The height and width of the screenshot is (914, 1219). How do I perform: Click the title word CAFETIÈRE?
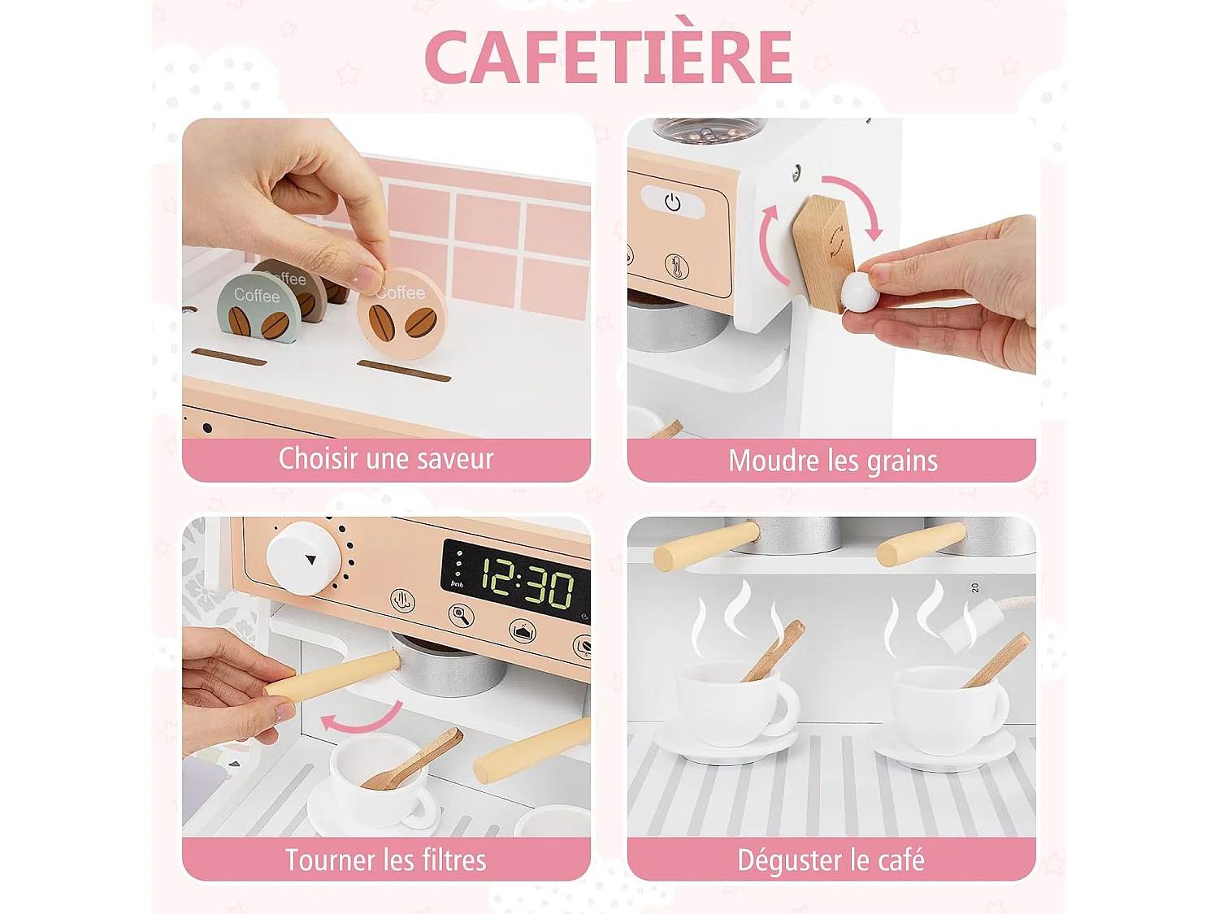point(608,57)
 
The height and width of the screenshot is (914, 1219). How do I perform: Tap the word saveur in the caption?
point(454,459)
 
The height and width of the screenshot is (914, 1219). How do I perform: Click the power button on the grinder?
point(672,202)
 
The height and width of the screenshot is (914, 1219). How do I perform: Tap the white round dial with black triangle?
point(303,558)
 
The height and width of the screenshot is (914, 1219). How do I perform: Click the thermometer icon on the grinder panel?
point(676,266)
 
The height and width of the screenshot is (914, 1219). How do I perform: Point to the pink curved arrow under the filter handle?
point(362,717)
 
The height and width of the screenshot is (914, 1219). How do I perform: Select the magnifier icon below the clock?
point(461,615)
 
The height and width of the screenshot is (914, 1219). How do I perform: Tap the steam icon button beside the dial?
point(401,600)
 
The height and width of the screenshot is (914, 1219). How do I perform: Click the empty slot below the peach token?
point(405,371)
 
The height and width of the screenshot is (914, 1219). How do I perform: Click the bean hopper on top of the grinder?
point(709,132)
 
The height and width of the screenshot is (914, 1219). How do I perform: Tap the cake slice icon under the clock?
point(522,630)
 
